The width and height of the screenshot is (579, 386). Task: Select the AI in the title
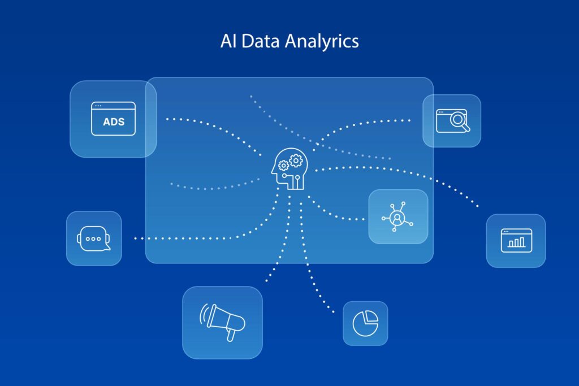click(x=227, y=41)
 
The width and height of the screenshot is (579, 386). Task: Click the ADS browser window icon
click(x=113, y=119)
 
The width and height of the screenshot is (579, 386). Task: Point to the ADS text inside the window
click(x=114, y=122)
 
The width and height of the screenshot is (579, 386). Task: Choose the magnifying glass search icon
click(x=452, y=120)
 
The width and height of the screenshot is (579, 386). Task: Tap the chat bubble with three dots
click(x=93, y=238)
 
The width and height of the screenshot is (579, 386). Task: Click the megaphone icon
click(x=223, y=322)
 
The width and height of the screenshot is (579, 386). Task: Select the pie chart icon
click(x=365, y=323)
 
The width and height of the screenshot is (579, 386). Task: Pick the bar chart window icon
click(x=516, y=240)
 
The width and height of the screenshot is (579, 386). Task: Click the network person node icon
click(x=398, y=217)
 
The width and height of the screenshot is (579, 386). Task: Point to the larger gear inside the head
click(x=295, y=161)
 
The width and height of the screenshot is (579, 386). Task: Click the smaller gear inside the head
click(x=284, y=166)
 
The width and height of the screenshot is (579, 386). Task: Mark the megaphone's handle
click(x=230, y=336)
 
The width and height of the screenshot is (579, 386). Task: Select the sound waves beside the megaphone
click(x=202, y=314)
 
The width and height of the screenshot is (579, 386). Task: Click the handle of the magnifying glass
click(x=465, y=127)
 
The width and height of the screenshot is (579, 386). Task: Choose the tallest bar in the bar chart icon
click(x=521, y=242)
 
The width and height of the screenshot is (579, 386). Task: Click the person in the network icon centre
click(x=398, y=218)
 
